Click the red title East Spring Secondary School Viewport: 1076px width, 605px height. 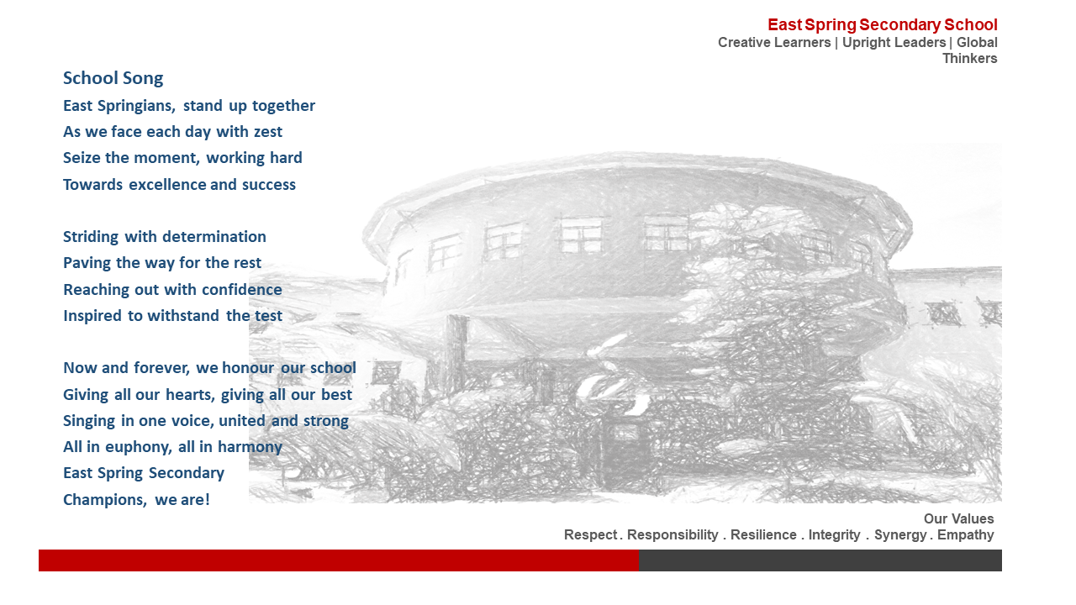pos(883,25)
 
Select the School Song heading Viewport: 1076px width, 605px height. pos(113,78)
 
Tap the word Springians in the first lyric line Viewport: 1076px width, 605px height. pos(136,106)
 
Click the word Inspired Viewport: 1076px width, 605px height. pos(92,315)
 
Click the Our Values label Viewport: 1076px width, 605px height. pos(959,519)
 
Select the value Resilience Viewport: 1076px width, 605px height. pos(763,535)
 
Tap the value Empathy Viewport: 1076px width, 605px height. pos(966,535)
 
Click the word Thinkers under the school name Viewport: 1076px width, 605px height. pos(970,59)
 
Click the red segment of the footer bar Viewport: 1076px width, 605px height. pos(339,560)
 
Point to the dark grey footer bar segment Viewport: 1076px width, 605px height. pos(820,560)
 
